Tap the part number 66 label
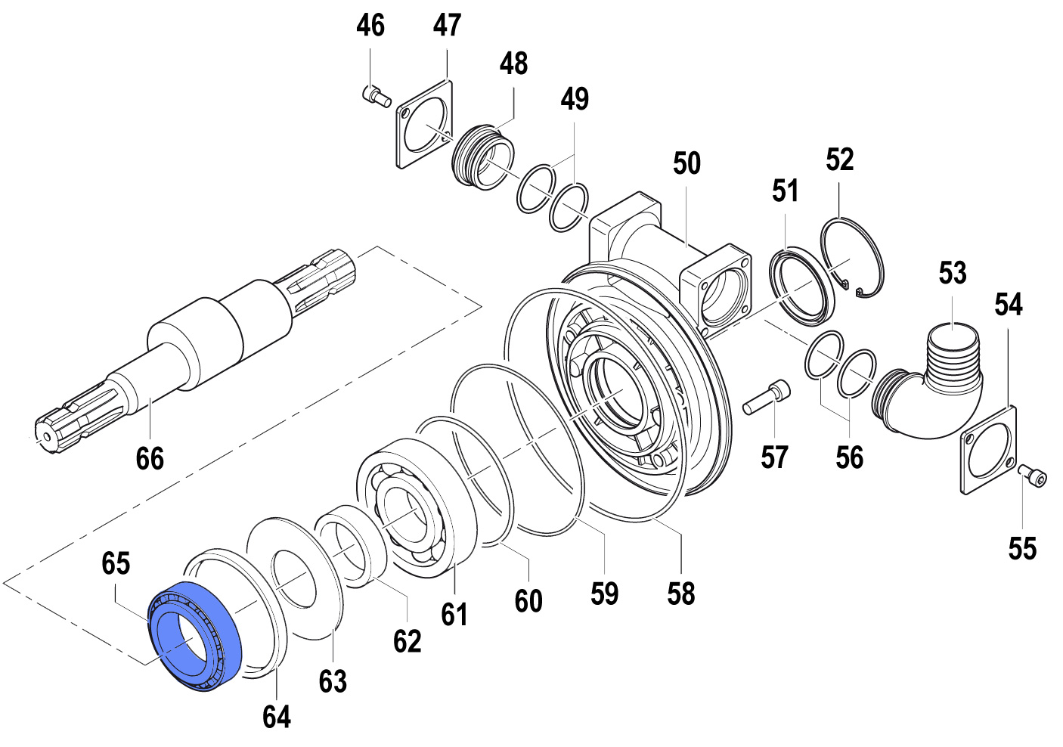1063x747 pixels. pyautogui.click(x=150, y=458)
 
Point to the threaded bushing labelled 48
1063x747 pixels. pyautogui.click(x=482, y=156)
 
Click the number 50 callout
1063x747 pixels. pyautogui.click(x=686, y=163)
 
